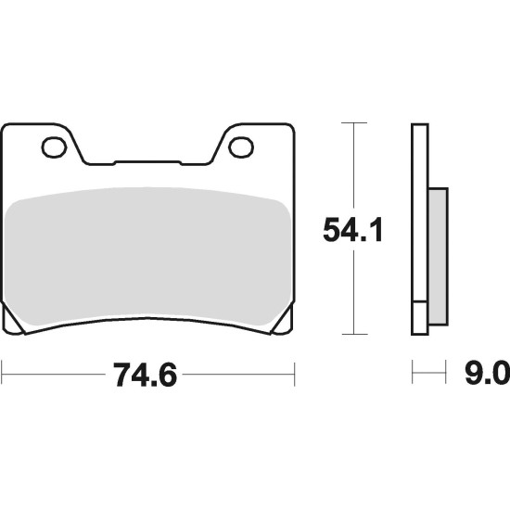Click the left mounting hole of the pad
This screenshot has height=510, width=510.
(x=54, y=147)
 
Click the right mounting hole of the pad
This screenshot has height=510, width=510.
(x=241, y=147)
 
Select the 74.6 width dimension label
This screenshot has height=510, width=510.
(x=145, y=375)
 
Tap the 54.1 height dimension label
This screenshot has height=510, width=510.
(x=353, y=230)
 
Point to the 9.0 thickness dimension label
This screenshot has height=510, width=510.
(x=487, y=374)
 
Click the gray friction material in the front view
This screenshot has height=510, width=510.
(x=147, y=256)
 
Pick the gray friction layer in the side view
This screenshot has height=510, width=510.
(x=438, y=257)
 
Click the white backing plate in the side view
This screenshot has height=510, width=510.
(x=420, y=212)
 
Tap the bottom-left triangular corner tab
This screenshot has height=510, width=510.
(x=12, y=322)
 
